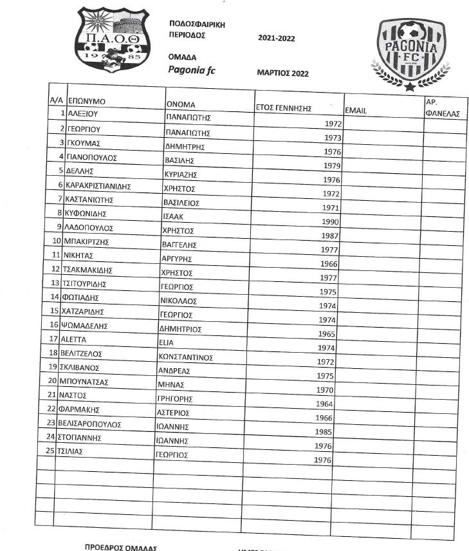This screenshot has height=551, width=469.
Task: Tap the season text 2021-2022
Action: (276, 39)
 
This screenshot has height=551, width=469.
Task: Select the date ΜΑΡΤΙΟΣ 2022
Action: (282, 73)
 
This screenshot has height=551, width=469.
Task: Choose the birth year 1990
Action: (329, 221)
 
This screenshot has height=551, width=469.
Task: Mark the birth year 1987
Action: (329, 236)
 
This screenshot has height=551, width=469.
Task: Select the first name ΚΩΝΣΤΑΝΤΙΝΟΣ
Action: (185, 357)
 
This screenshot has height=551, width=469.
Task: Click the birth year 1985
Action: (323, 432)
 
